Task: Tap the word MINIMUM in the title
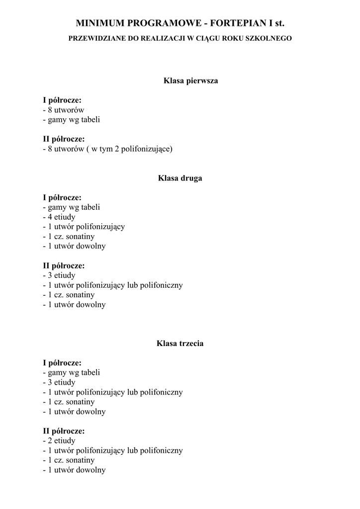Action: click(100, 23)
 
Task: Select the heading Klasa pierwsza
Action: click(191, 81)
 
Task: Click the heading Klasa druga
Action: click(180, 178)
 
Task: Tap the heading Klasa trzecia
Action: click(180, 343)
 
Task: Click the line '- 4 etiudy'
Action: click(59, 217)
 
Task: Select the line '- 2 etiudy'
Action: click(59, 441)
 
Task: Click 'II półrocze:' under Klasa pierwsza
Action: click(64, 139)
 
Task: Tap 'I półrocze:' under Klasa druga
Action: click(62, 198)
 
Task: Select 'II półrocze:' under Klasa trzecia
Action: click(64, 431)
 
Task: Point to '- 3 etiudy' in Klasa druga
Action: click(59, 275)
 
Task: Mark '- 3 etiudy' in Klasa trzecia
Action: click(59, 382)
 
